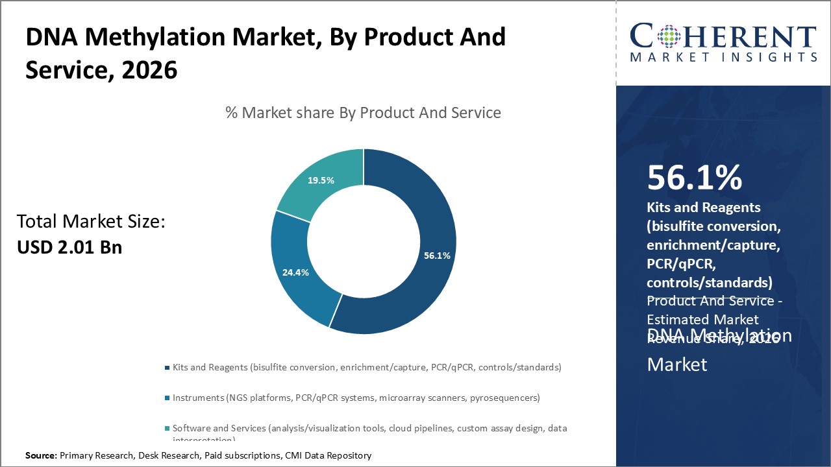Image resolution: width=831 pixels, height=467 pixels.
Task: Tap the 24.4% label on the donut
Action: pos(295,272)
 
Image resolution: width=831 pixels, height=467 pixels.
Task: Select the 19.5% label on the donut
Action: pos(321,180)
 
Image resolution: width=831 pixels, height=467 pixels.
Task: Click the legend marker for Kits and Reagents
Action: pos(167,368)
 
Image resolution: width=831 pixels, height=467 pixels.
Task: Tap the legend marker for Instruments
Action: pos(167,398)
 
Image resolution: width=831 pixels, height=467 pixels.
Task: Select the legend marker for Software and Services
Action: pos(167,429)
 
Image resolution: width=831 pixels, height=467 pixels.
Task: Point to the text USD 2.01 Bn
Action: pos(69,247)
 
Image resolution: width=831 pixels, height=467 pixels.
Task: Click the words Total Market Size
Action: pos(91,222)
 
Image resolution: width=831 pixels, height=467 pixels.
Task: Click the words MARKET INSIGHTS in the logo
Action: pos(723,58)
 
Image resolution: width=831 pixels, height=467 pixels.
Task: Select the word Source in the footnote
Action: pos(41,456)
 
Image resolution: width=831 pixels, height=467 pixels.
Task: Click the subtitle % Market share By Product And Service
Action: pos(363,113)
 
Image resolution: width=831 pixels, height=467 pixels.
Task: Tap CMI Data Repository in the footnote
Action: pos(329,456)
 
